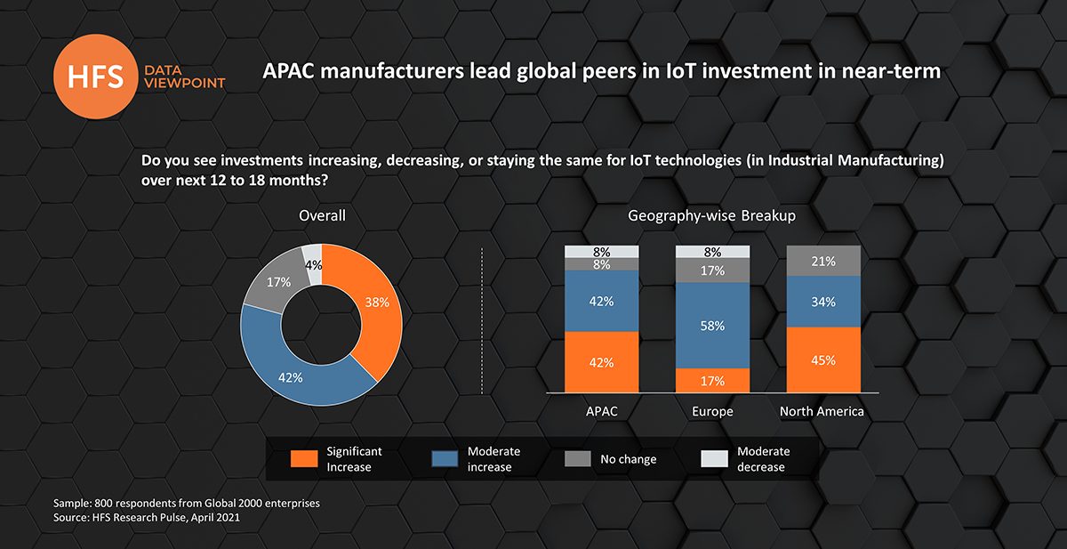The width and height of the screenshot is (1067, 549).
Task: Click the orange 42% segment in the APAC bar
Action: (601, 361)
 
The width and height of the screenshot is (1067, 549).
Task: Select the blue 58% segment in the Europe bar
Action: (712, 326)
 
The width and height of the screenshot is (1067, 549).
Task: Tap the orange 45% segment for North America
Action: (823, 359)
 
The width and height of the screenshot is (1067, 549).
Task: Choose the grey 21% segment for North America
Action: (823, 261)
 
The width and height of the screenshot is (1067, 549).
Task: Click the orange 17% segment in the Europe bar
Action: (712, 380)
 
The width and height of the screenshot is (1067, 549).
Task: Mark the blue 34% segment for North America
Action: (823, 302)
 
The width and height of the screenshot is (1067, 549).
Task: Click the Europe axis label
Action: (712, 412)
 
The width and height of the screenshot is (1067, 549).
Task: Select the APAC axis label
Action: (601, 412)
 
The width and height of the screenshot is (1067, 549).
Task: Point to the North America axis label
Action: (822, 412)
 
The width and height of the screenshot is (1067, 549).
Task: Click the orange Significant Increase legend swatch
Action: (304, 459)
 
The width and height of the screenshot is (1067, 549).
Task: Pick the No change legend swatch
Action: (578, 459)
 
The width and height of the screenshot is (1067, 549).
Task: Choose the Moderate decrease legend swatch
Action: (715, 459)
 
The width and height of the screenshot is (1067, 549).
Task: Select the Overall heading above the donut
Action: (322, 216)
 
